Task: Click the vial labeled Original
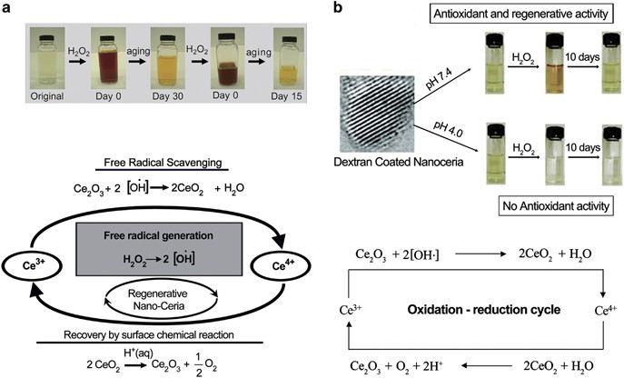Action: (x=39, y=55)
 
